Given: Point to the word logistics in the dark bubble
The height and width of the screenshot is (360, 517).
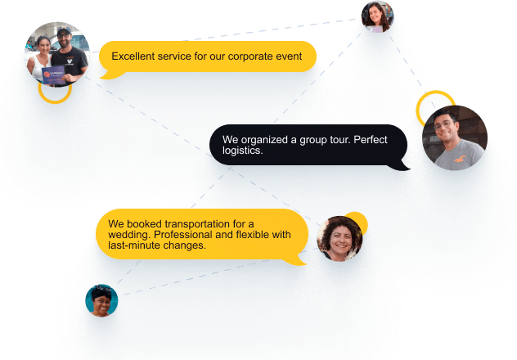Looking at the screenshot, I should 243,151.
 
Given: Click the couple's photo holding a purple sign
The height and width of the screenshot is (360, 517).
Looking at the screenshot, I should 56,53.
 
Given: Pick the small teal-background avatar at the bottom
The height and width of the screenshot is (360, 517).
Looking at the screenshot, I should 101,300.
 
